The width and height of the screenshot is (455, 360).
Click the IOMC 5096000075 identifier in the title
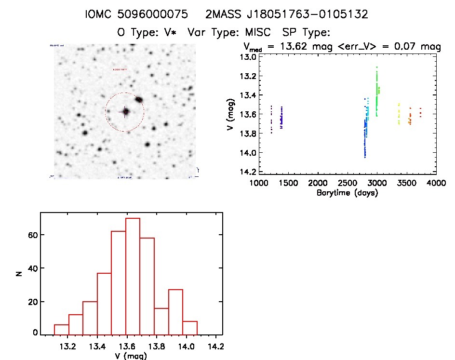coord(136,14)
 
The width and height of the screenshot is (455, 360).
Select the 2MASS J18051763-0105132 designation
coord(287,14)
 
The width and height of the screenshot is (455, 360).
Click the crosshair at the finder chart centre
coord(125,112)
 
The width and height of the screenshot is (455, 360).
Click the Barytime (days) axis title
coord(347,193)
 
